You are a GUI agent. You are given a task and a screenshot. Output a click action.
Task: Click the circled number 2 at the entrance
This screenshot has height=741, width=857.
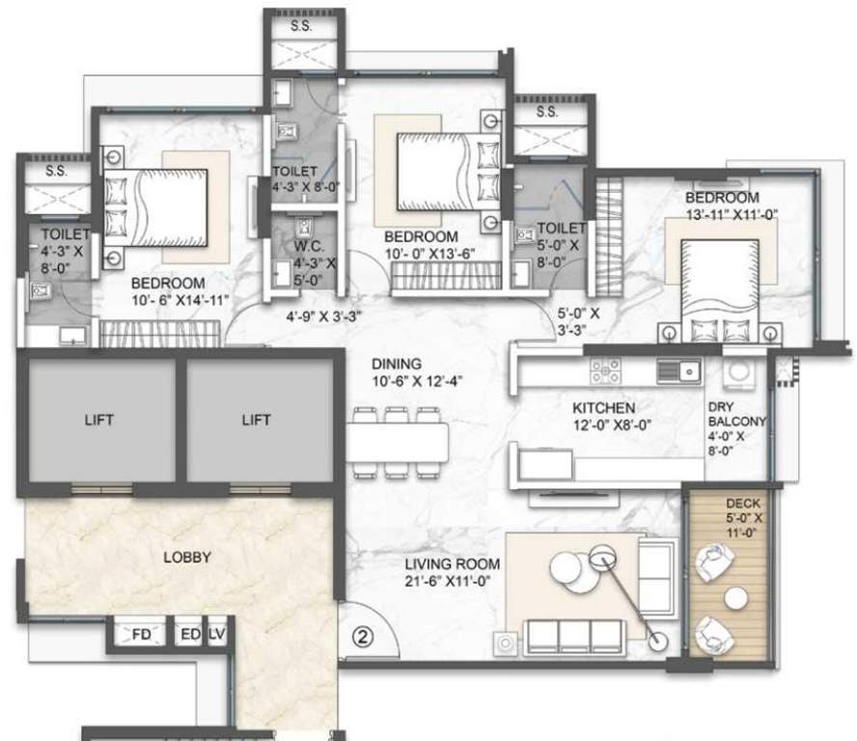click(x=361, y=637)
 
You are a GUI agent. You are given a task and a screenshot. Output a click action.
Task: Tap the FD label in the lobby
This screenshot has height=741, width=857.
click(x=141, y=635)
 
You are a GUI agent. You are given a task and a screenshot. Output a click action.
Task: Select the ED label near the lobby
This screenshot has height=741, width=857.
click(x=189, y=635)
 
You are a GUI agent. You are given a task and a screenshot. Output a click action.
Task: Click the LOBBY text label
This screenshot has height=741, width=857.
click(x=186, y=557)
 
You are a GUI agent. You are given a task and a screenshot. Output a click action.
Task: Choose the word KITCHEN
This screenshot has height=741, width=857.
click(x=604, y=408)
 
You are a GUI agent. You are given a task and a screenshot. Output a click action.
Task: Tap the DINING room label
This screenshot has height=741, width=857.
click(x=397, y=364)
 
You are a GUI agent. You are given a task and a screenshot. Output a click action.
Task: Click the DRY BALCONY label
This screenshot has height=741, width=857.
click(x=736, y=414)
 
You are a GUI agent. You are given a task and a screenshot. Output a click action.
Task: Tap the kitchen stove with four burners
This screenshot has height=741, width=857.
click(x=605, y=369)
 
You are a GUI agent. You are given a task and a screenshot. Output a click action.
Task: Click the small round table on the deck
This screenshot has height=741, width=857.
click(x=735, y=598)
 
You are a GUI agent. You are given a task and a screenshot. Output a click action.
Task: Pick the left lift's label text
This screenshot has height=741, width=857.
click(x=98, y=420)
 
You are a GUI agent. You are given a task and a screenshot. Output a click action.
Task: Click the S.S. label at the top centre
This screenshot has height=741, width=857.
click(x=302, y=27)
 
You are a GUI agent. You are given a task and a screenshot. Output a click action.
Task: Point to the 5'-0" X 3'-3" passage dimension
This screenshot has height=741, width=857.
click(x=580, y=321)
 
